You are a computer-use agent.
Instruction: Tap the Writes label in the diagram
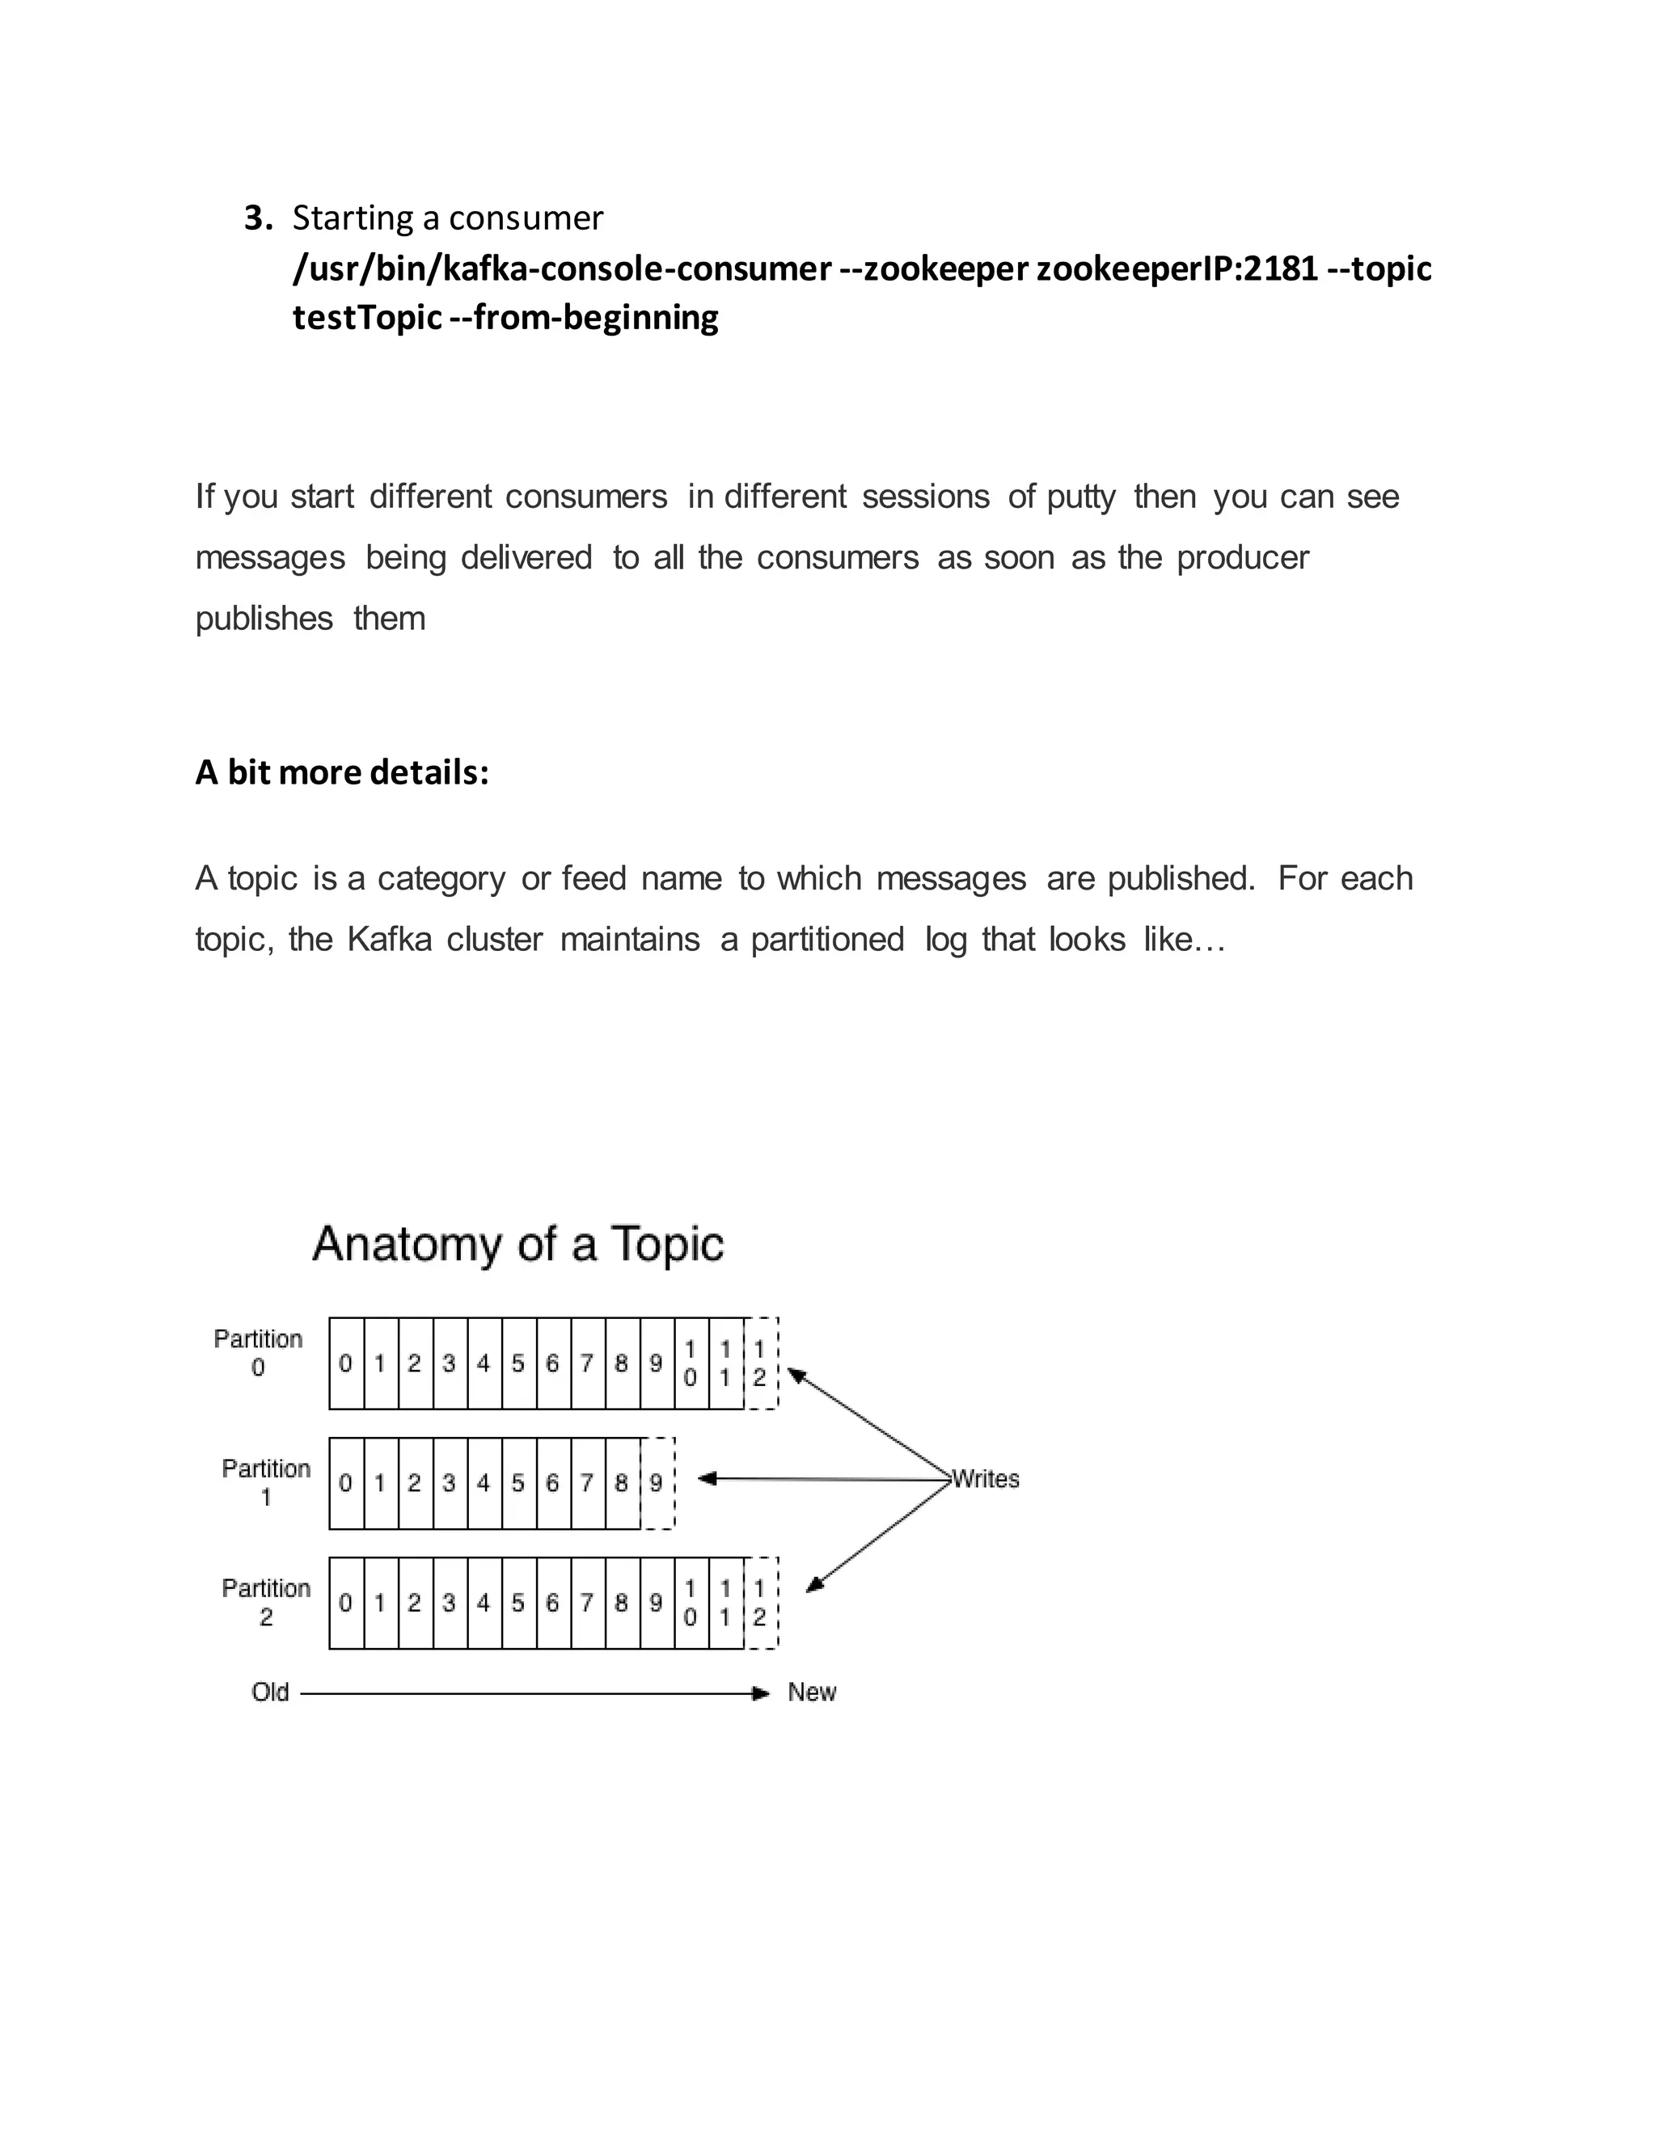click(986, 1479)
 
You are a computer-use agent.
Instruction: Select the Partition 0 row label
click(258, 1352)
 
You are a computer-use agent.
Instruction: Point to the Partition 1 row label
click(265, 1482)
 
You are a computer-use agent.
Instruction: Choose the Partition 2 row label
click(265, 1601)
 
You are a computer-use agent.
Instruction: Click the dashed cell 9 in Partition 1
click(657, 1482)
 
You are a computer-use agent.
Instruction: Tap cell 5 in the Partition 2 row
click(518, 1602)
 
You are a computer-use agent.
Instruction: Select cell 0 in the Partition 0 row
click(345, 1363)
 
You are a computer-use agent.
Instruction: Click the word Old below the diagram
click(270, 1693)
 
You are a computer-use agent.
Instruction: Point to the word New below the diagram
click(811, 1693)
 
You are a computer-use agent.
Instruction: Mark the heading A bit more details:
click(341, 772)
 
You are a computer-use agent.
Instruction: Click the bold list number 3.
click(258, 218)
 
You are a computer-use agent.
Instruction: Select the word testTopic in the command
click(367, 317)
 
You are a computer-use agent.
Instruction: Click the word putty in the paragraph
click(1080, 497)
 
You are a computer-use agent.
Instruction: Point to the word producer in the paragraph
click(1242, 557)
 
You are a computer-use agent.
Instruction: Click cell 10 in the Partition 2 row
click(691, 1602)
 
